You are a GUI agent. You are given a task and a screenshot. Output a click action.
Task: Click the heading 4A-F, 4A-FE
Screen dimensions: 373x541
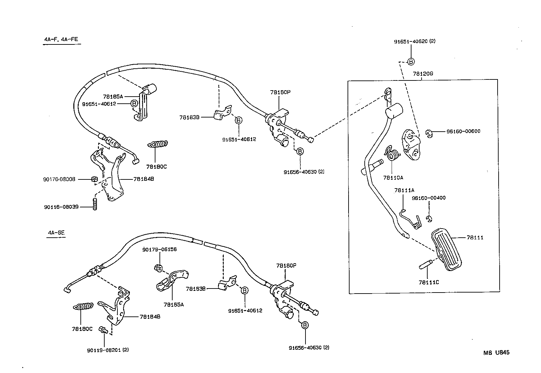61,39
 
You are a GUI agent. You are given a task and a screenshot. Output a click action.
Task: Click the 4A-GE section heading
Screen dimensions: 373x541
56,233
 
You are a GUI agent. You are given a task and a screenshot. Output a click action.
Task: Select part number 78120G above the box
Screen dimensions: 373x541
423,73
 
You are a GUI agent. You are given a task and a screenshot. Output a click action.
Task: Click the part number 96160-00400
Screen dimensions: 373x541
428,198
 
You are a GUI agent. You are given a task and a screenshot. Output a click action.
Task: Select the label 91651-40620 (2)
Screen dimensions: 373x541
415,41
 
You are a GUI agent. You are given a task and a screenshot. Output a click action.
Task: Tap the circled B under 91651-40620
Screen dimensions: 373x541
411,62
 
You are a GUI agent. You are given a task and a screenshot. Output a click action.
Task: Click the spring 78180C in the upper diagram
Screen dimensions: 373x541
157,144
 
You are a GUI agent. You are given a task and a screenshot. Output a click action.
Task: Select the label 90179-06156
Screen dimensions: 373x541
159,249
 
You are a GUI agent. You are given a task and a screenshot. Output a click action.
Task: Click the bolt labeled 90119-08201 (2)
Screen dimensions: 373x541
103,330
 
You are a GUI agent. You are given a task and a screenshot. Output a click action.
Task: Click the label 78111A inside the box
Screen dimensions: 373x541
404,191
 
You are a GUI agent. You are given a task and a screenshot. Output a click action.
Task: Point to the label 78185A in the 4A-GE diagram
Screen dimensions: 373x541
174,305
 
